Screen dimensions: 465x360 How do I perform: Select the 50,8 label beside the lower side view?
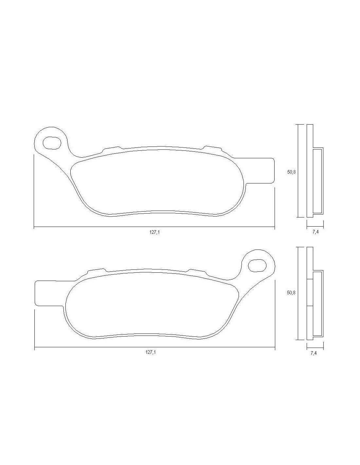291,293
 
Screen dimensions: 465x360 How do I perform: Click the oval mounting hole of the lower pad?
257,265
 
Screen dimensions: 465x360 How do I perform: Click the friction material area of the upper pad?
157,181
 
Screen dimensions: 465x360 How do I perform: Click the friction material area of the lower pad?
151,302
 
